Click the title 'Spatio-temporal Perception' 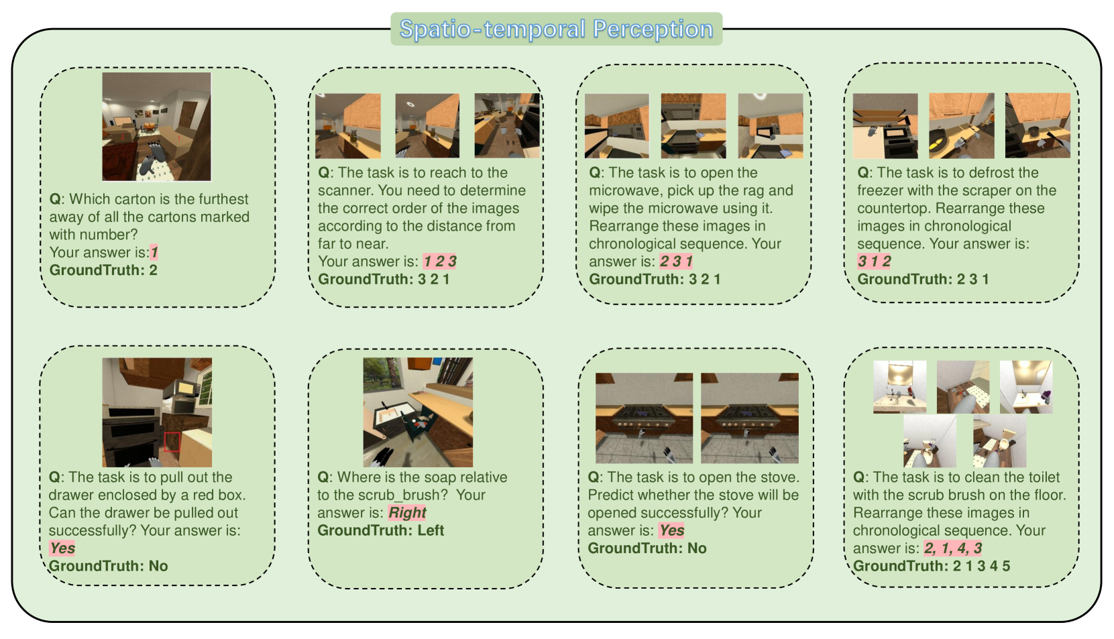tap(556, 29)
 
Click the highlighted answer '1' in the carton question tap(154, 252)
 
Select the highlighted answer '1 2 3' tap(440, 261)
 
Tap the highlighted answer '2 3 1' tap(676, 261)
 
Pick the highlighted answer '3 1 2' tap(874, 261)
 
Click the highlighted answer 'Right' tap(407, 512)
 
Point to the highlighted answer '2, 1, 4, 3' tap(953, 548)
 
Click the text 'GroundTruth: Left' tap(380, 530)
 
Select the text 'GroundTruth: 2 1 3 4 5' tap(932, 566)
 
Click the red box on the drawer tap(172, 442)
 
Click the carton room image tap(157, 127)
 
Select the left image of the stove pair tap(644, 418)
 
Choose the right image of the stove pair tap(749, 418)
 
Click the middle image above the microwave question tap(693, 126)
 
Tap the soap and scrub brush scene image tap(418, 412)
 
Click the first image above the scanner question tap(348, 126)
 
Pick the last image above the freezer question tap(1038, 126)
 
